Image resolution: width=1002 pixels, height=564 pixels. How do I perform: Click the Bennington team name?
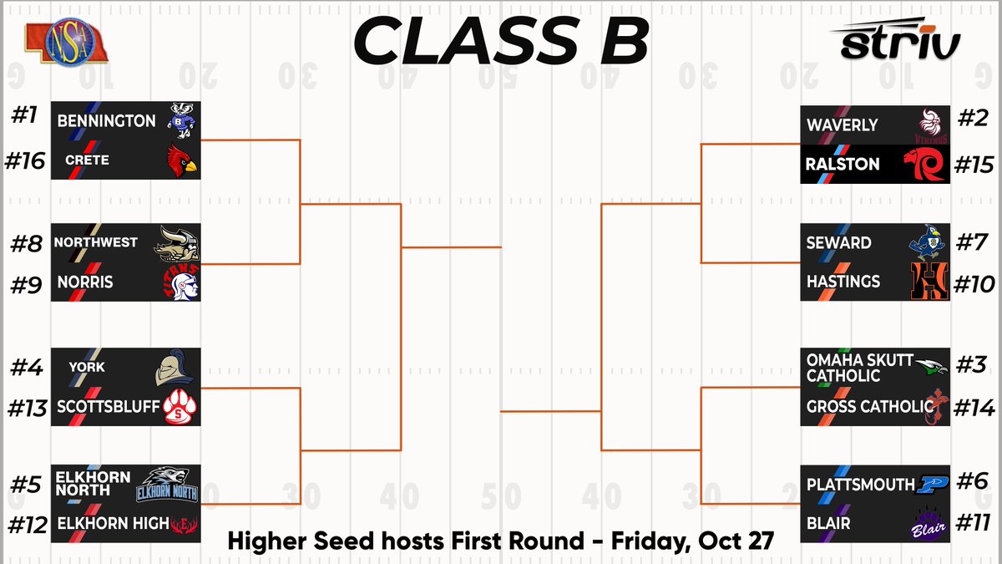click(x=106, y=121)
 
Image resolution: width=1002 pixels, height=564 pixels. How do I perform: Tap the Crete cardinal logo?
click(x=180, y=160)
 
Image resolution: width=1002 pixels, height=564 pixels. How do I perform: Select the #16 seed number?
click(x=25, y=160)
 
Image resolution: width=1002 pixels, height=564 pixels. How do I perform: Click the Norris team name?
click(x=85, y=282)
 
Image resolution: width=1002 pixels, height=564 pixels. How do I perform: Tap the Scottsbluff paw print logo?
click(x=179, y=407)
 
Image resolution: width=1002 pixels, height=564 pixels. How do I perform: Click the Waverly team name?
click(x=842, y=125)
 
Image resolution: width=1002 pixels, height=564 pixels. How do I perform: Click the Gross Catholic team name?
click(x=869, y=407)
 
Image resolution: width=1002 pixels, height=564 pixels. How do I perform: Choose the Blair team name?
click(x=828, y=523)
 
